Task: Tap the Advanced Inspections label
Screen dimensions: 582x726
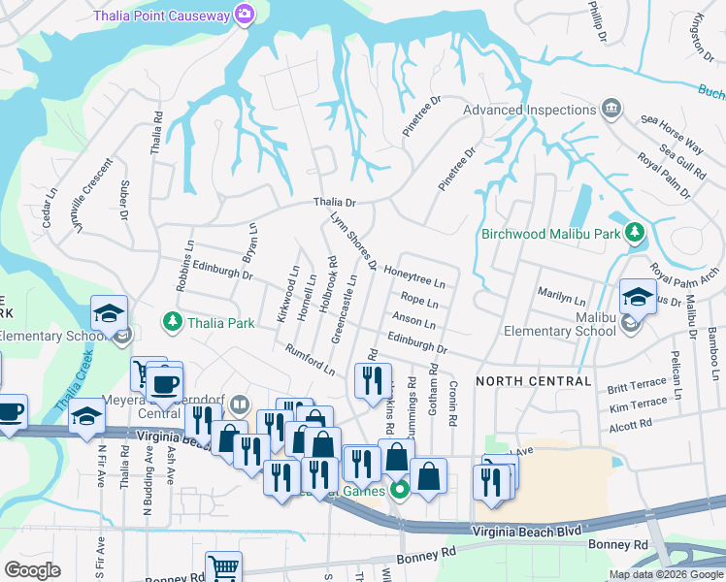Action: [529, 110]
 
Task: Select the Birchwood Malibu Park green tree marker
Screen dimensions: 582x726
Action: [635, 232]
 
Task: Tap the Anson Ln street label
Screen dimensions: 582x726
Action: [413, 321]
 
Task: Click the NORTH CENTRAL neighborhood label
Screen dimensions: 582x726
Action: [532, 379]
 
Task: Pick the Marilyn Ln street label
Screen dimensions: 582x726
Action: [560, 292]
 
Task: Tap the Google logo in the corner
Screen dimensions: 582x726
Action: [32, 569]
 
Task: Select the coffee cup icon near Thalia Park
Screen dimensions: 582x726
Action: [164, 383]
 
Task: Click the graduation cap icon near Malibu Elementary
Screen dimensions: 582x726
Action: [638, 297]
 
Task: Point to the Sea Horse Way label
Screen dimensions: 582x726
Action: [672, 133]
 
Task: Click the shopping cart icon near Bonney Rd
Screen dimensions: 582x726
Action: [223, 566]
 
